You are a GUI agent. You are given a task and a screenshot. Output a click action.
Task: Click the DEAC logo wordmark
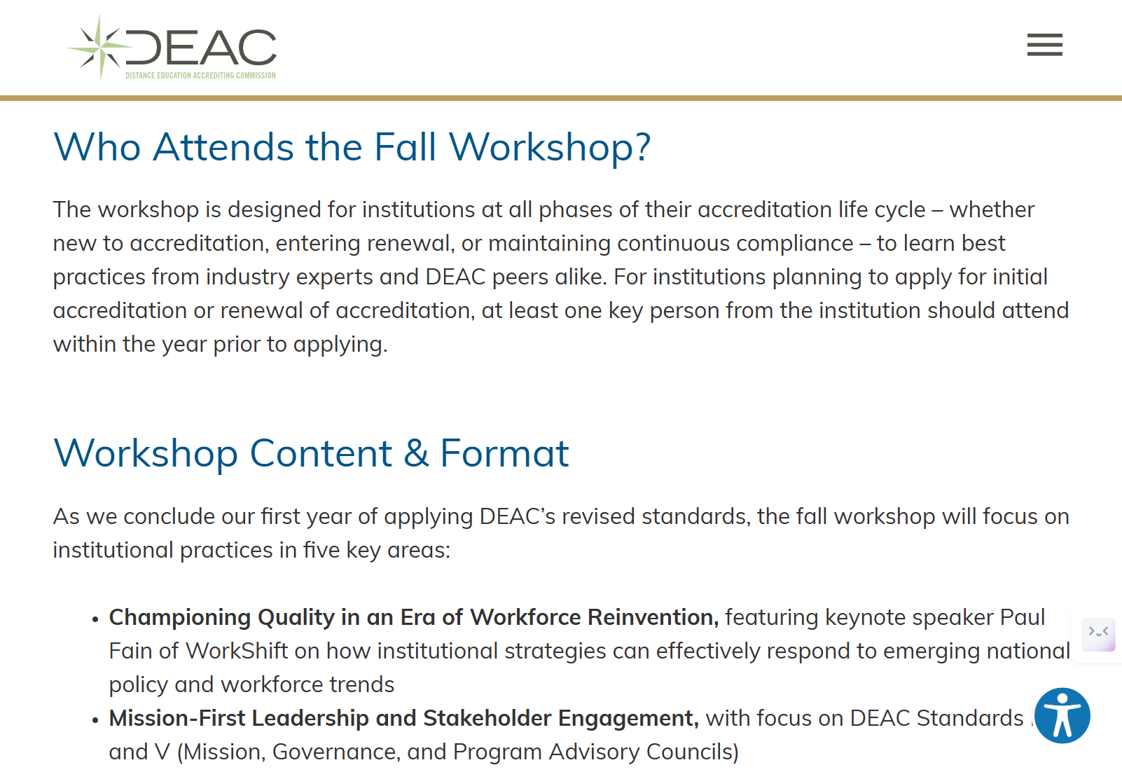[202, 48]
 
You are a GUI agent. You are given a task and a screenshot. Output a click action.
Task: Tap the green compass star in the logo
[100, 47]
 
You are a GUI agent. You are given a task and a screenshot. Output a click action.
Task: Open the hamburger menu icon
[1044, 45]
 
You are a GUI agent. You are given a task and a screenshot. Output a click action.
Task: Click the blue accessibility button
[1062, 715]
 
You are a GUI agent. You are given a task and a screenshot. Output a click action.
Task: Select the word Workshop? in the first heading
[550, 148]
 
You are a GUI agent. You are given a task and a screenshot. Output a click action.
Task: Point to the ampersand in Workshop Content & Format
[416, 453]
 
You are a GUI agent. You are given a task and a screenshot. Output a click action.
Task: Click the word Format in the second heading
[504, 453]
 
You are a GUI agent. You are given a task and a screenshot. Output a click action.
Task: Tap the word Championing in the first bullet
[180, 617]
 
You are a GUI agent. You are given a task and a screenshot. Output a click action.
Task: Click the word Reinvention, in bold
[653, 617]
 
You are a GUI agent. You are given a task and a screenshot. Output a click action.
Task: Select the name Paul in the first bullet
[1022, 617]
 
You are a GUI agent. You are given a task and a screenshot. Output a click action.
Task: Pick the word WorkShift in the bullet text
[237, 651]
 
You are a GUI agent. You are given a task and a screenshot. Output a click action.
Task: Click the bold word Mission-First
[177, 718]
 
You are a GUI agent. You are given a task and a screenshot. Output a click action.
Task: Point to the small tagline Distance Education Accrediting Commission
[200, 76]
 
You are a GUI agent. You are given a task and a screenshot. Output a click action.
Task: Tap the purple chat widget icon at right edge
[1098, 634]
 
